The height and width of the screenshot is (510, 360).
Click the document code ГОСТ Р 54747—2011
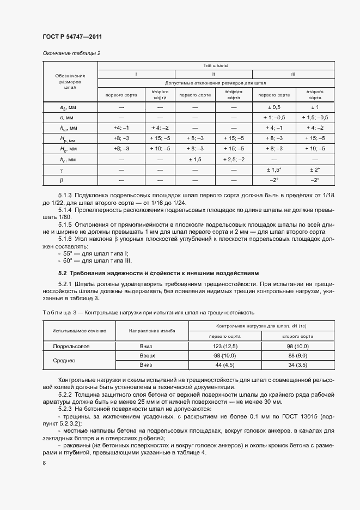[x=72, y=37]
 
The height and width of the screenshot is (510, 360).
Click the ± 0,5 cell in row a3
[x=272, y=107]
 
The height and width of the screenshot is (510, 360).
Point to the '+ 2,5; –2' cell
[x=234, y=159]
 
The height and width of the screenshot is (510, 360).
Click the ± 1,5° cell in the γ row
[x=272, y=169]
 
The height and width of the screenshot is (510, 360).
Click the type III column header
[x=293, y=74]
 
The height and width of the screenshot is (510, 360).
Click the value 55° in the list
[x=69, y=254]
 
